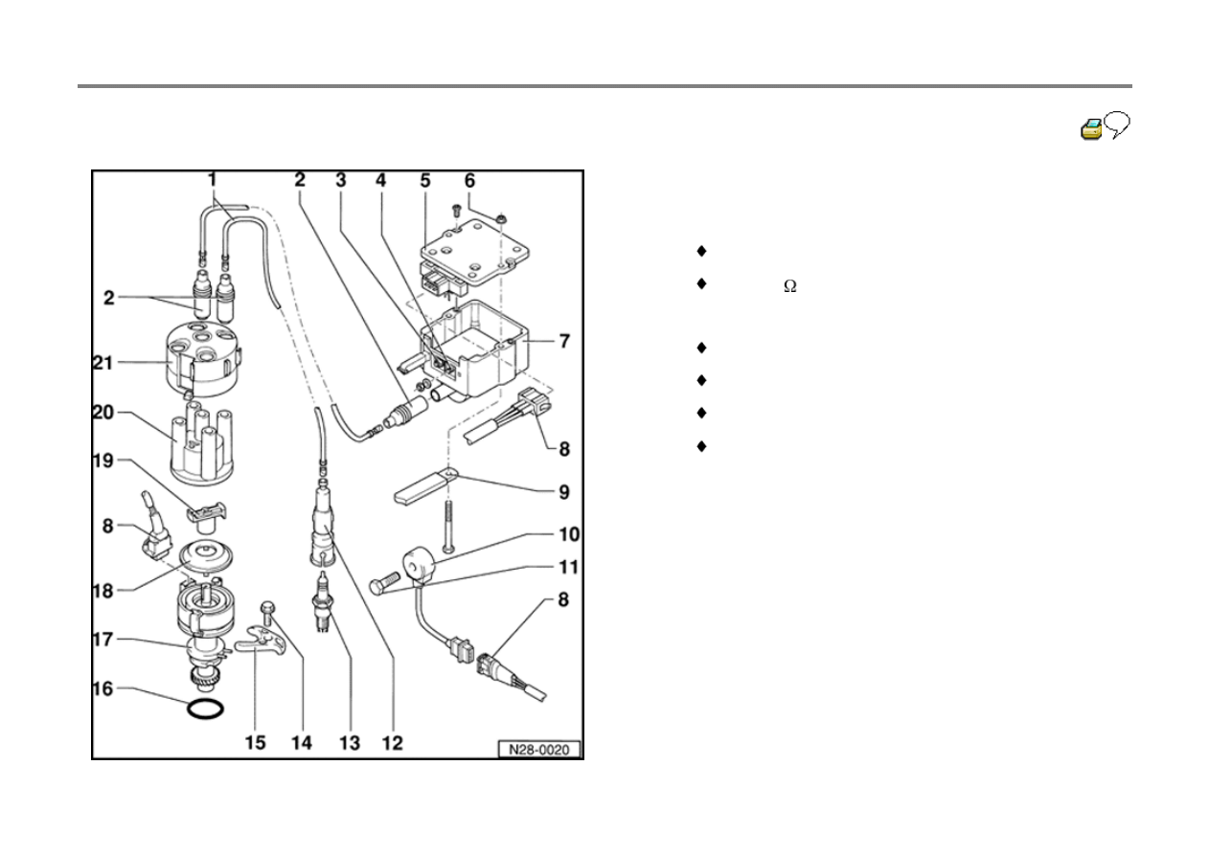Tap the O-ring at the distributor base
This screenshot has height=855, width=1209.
click(x=206, y=709)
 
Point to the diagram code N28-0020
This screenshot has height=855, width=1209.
click(x=539, y=750)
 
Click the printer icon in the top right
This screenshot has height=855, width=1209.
click(x=1091, y=129)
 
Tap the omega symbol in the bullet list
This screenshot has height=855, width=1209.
click(x=790, y=286)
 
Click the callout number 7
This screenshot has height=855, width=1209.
click(x=565, y=341)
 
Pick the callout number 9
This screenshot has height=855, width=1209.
click(x=564, y=492)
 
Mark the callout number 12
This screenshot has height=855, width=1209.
click(x=394, y=742)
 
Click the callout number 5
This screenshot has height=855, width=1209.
click(x=425, y=180)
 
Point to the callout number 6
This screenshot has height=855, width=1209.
click(x=469, y=180)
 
